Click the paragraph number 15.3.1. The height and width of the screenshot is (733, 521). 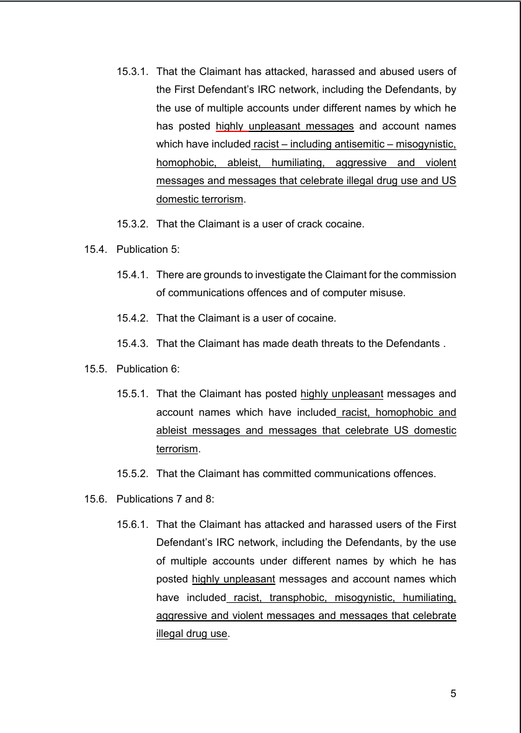point(132,71)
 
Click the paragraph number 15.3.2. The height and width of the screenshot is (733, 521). point(132,224)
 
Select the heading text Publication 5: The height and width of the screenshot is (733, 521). point(148,250)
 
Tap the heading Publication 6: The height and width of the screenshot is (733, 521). point(148,369)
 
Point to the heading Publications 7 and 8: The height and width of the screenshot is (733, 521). point(165,499)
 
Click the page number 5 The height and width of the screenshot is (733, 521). point(453,693)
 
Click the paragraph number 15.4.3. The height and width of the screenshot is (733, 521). point(132,343)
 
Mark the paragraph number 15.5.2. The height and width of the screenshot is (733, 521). point(132,474)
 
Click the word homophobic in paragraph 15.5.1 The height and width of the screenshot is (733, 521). point(401,412)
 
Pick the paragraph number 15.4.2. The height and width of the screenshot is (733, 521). point(132,318)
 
